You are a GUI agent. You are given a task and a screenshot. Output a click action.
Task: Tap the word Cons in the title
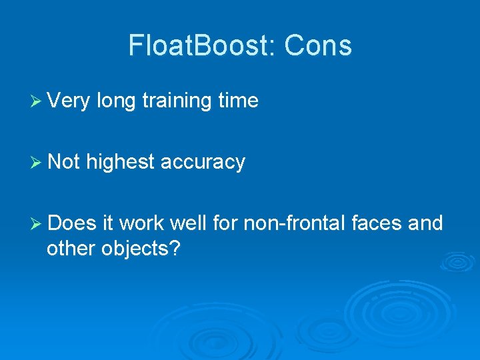(x=317, y=46)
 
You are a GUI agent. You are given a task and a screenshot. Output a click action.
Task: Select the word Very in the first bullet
(x=70, y=101)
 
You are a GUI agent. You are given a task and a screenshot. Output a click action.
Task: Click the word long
(x=117, y=101)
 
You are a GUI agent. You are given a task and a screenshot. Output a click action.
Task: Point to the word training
(x=178, y=101)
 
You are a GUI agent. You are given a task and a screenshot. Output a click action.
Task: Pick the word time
(x=238, y=101)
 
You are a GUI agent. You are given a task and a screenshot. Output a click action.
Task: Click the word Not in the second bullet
(x=64, y=162)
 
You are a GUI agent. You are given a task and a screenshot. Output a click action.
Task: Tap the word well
(x=189, y=223)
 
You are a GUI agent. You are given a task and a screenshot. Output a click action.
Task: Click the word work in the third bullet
(x=143, y=223)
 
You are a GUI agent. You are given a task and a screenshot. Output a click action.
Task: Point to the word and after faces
(x=425, y=223)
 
